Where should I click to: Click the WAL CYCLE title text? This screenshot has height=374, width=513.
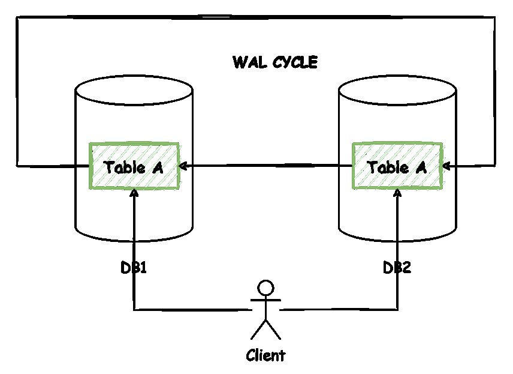pyautogui.click(x=275, y=62)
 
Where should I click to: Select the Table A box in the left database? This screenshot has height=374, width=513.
pyautogui.click(x=134, y=166)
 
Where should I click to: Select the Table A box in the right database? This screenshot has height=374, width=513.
pyautogui.click(x=397, y=166)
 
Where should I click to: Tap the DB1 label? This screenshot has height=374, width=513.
pyautogui.click(x=134, y=268)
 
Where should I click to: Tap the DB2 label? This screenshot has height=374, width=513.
pyautogui.click(x=397, y=268)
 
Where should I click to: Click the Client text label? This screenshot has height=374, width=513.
pyautogui.click(x=265, y=355)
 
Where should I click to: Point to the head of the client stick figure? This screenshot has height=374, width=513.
pyautogui.click(x=265, y=287)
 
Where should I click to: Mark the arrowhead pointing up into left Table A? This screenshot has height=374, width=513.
pyautogui.click(x=134, y=193)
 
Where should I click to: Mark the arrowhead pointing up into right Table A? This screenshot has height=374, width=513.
pyautogui.click(x=397, y=193)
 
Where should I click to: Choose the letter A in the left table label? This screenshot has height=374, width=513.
pyautogui.click(x=158, y=167)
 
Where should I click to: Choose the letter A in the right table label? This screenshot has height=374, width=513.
pyautogui.click(x=421, y=167)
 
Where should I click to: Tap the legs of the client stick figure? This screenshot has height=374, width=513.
pyautogui.click(x=265, y=329)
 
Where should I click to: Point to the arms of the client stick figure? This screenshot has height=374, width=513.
pyautogui.click(x=265, y=299)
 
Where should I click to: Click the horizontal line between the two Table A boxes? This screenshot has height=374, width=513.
pyautogui.click(x=267, y=165)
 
